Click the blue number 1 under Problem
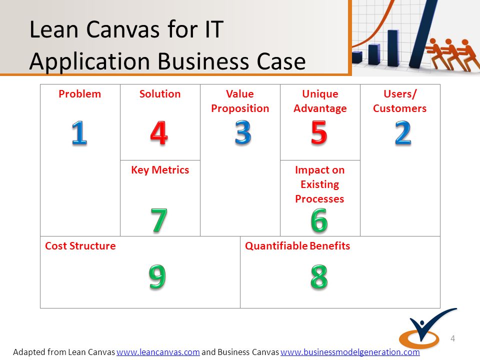coord(79,132)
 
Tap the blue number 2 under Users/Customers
coord(403,132)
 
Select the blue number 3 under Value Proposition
coord(243,132)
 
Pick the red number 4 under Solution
coord(159,132)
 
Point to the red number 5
coord(319,132)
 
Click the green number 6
coord(319,220)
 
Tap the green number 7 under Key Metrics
coord(159,220)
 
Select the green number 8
coord(319,276)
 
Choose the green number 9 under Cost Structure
coord(157,276)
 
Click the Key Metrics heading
coord(160,170)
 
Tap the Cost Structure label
coord(80,246)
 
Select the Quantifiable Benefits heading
coord(297,246)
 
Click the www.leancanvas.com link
coord(158,352)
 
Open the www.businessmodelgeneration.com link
coord(350,352)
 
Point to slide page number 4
coord(453,338)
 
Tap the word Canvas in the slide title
coord(123,29)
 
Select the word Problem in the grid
coord(79,94)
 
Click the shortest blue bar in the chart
coord(357,57)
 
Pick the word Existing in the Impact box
coord(319,184)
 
